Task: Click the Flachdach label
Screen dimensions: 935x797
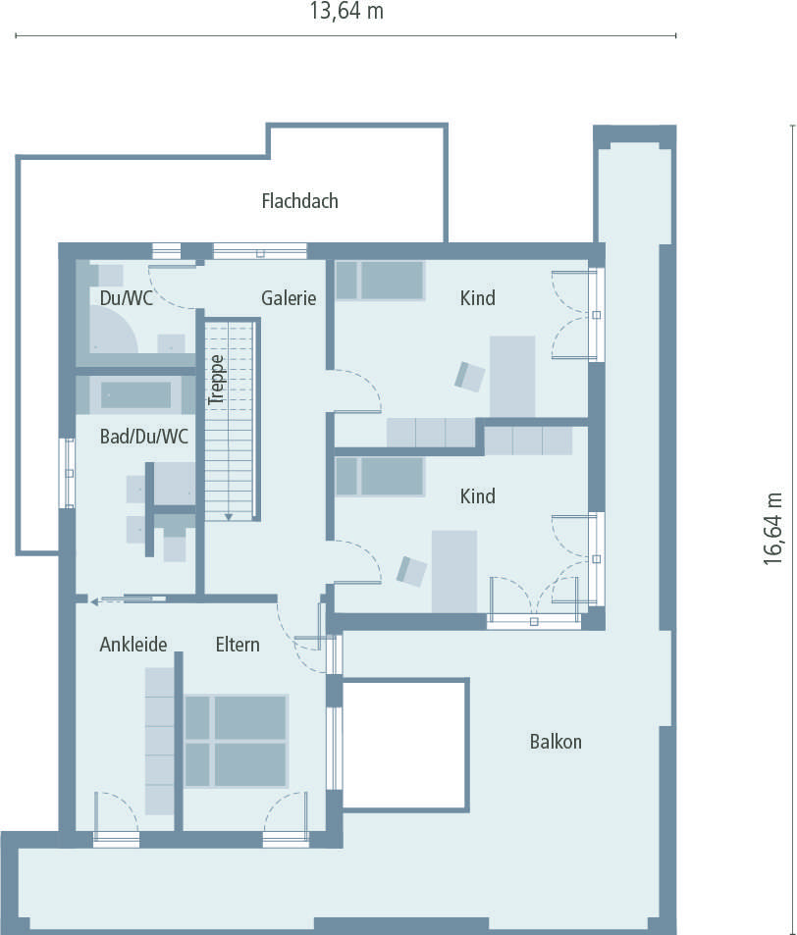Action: pyautogui.click(x=299, y=201)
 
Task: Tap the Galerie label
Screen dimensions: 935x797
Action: pyautogui.click(x=289, y=298)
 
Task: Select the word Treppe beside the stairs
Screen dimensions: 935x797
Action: pyautogui.click(x=217, y=379)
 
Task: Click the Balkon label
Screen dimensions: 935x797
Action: pyautogui.click(x=556, y=742)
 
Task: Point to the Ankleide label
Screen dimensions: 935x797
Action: pyautogui.click(x=133, y=645)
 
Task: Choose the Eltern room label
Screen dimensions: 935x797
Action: pyautogui.click(x=239, y=645)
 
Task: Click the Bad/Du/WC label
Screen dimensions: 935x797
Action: pyautogui.click(x=144, y=437)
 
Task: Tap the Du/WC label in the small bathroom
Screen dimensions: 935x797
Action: pyautogui.click(x=126, y=298)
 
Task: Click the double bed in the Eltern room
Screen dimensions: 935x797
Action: pyautogui.click(x=236, y=741)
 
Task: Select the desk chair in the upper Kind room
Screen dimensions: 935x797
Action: pyautogui.click(x=470, y=376)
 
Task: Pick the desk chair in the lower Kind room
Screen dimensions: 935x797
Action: pyautogui.click(x=412, y=571)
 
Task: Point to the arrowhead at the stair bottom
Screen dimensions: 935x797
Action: pyautogui.click(x=228, y=516)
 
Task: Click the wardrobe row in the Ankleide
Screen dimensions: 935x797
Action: pyautogui.click(x=159, y=741)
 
